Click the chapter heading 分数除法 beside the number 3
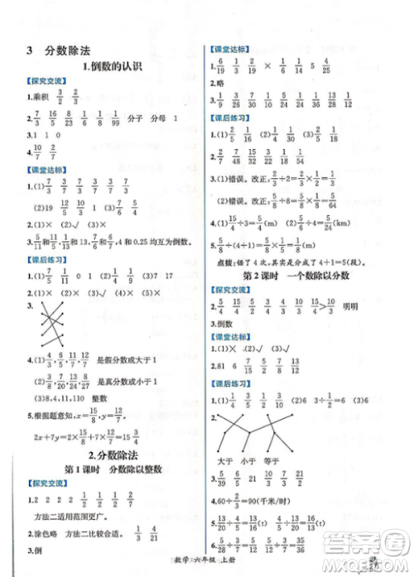pyautogui.click(x=62, y=51)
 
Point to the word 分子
pyautogui.click(x=129, y=121)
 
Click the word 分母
pyautogui.click(x=156, y=121)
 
